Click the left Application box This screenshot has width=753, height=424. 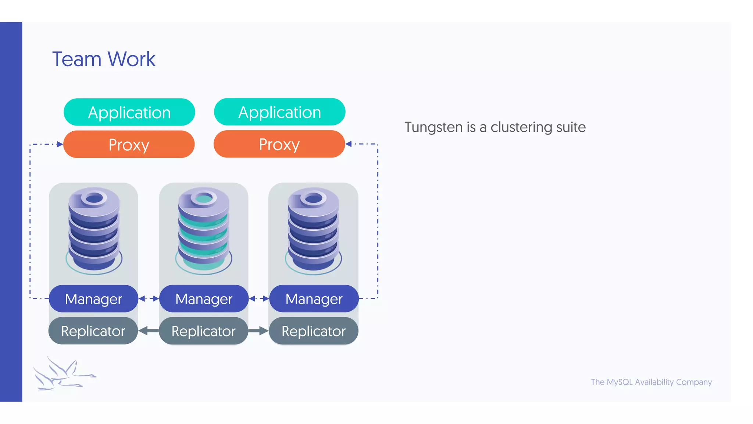(129, 112)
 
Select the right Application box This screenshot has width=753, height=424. (279, 112)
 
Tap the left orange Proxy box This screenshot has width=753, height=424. (129, 144)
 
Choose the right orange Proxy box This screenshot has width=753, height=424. (279, 144)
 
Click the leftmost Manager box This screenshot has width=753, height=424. (93, 298)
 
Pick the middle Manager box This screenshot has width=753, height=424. (204, 298)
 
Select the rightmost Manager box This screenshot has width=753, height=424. (314, 298)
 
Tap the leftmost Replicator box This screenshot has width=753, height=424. (93, 331)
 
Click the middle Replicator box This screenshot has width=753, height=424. (203, 331)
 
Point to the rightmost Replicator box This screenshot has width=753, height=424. (313, 331)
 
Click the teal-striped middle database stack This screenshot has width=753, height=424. (203, 230)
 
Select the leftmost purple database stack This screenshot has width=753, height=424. (94, 230)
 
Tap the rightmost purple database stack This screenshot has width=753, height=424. (313, 230)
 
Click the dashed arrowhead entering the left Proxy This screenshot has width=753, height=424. (60, 144)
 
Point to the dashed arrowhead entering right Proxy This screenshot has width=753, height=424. (349, 144)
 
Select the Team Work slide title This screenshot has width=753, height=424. (104, 59)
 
